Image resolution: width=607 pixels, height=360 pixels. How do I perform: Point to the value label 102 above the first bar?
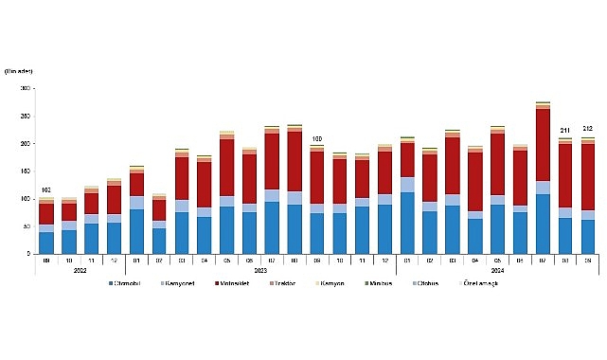coord(46,190)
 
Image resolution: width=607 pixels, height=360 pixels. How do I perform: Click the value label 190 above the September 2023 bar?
coord(316,139)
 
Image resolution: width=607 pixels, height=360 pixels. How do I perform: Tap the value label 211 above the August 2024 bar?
coord(564,131)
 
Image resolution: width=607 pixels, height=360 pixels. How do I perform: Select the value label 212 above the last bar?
coord(588,130)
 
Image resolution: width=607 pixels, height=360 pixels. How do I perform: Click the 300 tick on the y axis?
coord(26,88)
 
